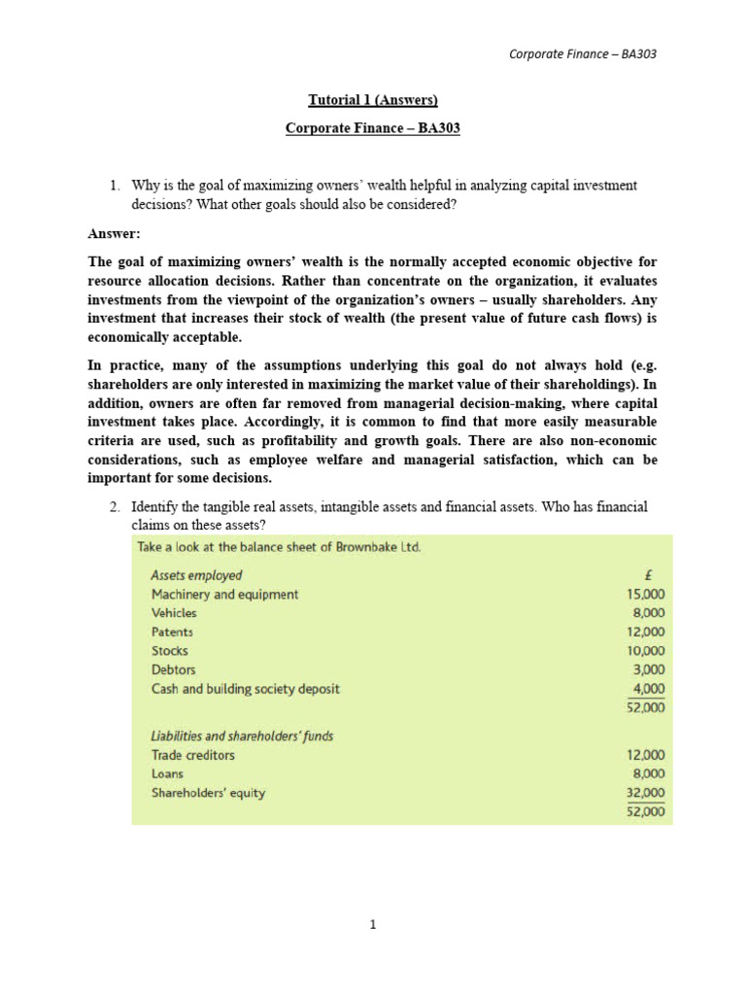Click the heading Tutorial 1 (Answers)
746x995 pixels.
373,99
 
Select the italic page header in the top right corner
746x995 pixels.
583,53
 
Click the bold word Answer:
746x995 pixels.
115,233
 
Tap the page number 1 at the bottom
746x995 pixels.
372,924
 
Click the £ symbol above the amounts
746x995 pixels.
661,575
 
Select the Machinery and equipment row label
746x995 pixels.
224,594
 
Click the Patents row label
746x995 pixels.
172,632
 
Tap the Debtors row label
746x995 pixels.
173,669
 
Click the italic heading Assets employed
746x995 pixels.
196,575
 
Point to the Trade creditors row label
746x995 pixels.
192,755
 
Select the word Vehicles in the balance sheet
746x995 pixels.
174,613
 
